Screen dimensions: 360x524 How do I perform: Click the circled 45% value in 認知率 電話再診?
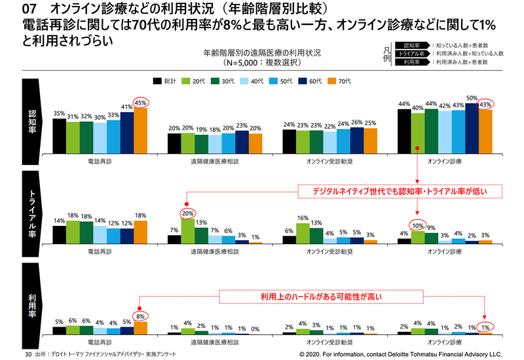pyautogui.click(x=141, y=102)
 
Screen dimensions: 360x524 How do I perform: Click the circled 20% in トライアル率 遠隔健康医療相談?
pyautogui.click(x=187, y=213)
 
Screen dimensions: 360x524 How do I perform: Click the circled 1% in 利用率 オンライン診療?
pyautogui.click(x=485, y=327)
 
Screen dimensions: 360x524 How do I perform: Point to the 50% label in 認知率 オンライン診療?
pyautogui.click(x=472, y=98)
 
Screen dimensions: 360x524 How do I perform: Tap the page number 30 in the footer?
pyautogui.click(x=28, y=353)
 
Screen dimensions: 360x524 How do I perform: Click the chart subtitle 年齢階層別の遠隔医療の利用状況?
pyautogui.click(x=261, y=52)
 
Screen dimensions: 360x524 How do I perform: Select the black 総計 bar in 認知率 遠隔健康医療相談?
pyautogui.click(x=174, y=142)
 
